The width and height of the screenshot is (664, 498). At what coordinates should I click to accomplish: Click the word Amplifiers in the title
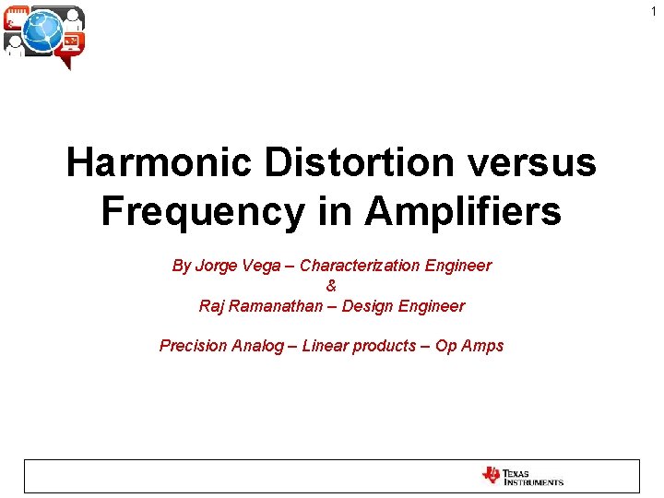point(462,211)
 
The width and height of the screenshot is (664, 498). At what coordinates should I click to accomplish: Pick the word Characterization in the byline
point(361,266)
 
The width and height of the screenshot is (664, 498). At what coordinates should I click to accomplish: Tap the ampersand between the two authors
point(332,286)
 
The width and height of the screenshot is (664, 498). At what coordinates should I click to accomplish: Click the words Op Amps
point(469,346)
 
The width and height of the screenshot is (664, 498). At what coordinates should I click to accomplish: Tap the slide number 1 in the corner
point(654,12)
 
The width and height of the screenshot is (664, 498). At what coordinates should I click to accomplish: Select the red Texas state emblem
point(491,476)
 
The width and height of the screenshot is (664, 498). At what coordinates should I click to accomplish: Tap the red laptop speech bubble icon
point(70,44)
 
